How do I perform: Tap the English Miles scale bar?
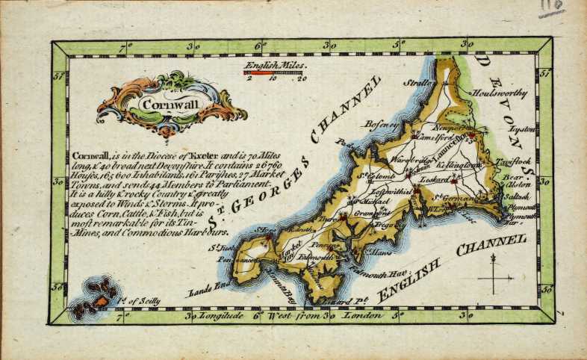[x=275, y=72]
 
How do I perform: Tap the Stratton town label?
[x=419, y=84]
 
